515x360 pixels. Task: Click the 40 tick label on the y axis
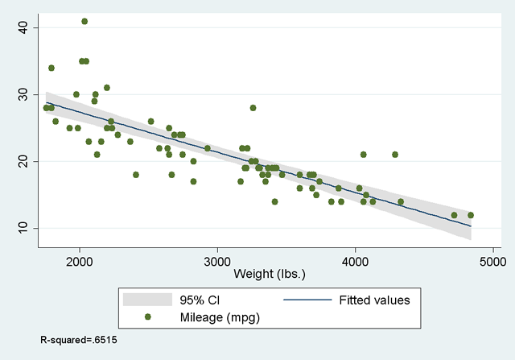coord(23,28)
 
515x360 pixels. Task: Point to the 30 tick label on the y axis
coord(23,95)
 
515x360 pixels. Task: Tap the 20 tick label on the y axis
coord(23,162)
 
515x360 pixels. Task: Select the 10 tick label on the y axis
coord(23,229)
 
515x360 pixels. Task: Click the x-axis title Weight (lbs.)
coord(270,274)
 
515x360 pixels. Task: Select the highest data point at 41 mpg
coord(84,21)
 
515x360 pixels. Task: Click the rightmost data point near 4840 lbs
coord(471,215)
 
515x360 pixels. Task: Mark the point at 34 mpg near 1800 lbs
coord(51,68)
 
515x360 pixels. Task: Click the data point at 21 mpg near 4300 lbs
coord(395,155)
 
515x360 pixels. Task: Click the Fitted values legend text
coord(373,300)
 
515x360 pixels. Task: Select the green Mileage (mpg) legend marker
coord(148,317)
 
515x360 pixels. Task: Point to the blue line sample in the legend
coord(309,300)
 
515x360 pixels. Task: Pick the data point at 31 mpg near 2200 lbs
coord(107,88)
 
